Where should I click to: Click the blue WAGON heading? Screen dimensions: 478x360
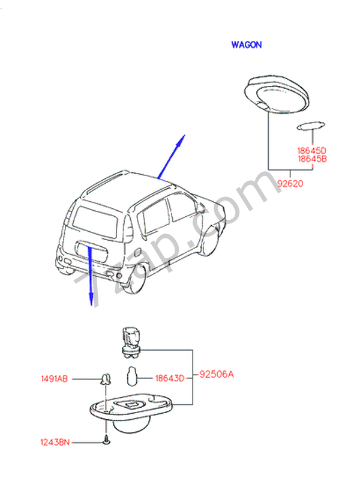[247, 44]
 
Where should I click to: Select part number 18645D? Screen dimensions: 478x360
[312, 150]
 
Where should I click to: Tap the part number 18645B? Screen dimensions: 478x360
[312, 159]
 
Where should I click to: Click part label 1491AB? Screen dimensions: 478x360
[55, 379]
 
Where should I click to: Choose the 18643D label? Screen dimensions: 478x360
[169, 378]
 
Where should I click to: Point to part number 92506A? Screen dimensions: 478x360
[216, 375]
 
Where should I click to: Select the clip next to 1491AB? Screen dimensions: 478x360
[106, 379]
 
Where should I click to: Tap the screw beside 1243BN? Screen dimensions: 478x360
[106, 441]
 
